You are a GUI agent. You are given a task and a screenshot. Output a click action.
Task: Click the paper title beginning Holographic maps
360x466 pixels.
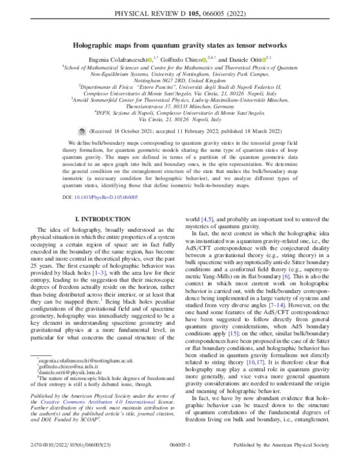(x=180, y=44)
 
